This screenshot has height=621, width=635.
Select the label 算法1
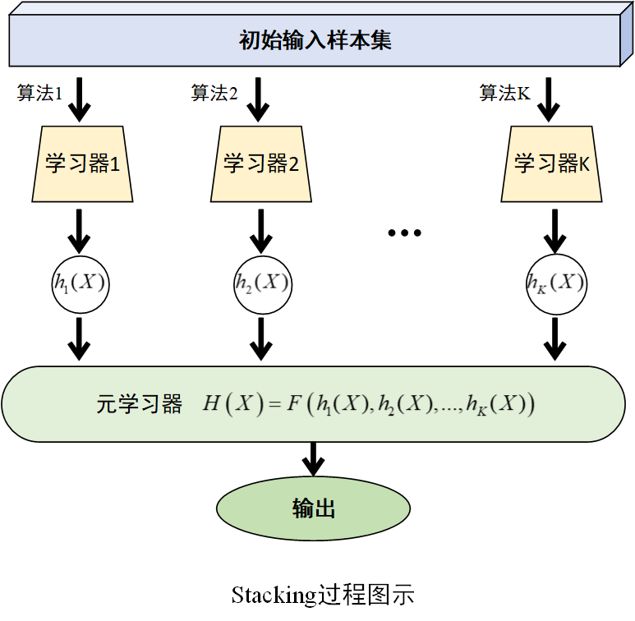pyautogui.click(x=39, y=93)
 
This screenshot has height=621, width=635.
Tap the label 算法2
pyautogui.click(x=214, y=93)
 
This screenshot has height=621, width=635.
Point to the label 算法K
pyautogui.click(x=505, y=93)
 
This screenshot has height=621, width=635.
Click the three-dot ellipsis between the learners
pyautogui.click(x=404, y=232)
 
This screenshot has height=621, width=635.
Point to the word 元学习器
pyautogui.click(x=139, y=404)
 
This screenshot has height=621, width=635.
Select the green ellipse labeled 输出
pyautogui.click(x=313, y=508)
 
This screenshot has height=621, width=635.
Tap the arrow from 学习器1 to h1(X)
pyautogui.click(x=80, y=231)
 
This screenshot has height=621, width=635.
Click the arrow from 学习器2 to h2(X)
pyautogui.click(x=261, y=231)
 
